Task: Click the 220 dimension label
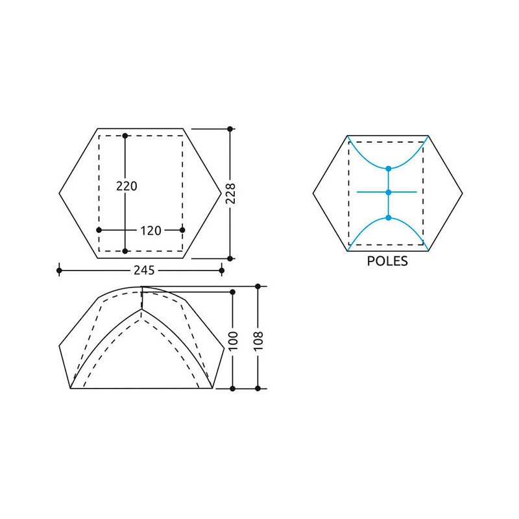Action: coord(127,186)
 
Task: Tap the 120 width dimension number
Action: coord(151,231)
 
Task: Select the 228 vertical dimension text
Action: coord(230,193)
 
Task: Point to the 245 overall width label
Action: coord(144,271)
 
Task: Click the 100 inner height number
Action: coord(233,341)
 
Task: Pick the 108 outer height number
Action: coord(258,341)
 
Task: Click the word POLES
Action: coord(387,261)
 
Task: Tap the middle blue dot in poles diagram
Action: coord(389,192)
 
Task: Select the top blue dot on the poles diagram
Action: coord(389,169)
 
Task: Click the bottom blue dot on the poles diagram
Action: coord(389,218)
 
